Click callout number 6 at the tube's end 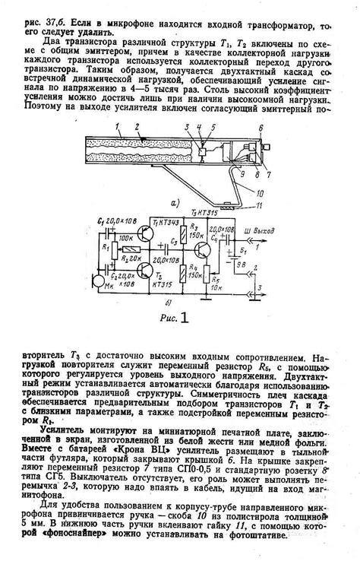pos(261,129)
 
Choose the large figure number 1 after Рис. pos(183,315)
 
